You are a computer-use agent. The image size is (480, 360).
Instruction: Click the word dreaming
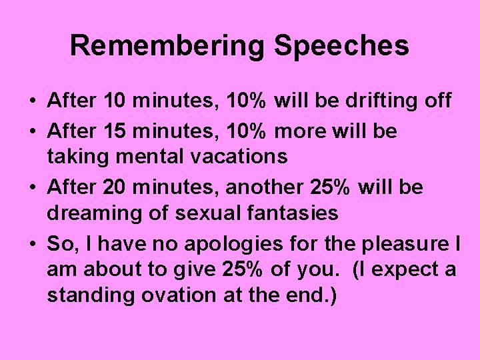(91, 213)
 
